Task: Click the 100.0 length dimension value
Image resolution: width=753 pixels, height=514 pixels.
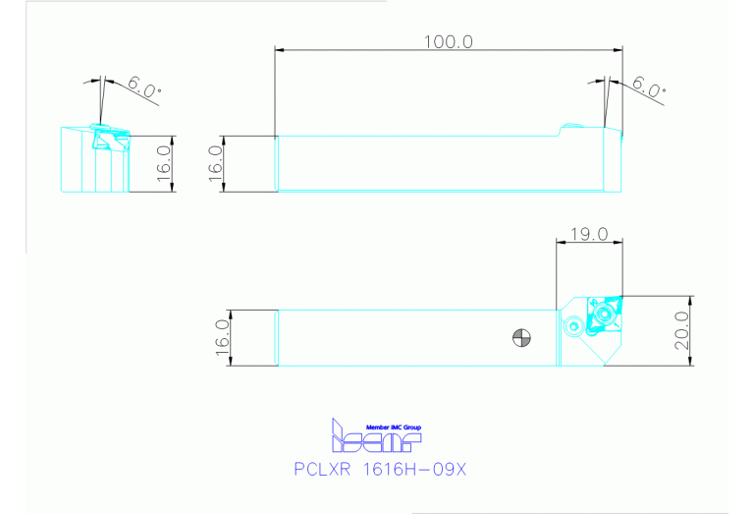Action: [x=449, y=41]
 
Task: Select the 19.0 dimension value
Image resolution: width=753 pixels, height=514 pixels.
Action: [x=589, y=235]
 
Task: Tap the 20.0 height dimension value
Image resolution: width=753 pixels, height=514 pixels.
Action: [x=680, y=329]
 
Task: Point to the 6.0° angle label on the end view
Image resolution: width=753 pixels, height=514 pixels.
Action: [x=144, y=90]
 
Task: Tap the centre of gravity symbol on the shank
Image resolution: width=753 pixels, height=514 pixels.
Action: [x=521, y=338]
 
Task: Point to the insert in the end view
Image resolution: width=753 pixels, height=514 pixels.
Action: [x=101, y=139]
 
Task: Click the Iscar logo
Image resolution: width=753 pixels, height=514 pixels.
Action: [x=378, y=438]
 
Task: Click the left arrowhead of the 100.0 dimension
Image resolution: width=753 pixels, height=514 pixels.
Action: [x=280, y=49]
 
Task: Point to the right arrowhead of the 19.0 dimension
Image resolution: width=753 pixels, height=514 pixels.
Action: [x=619, y=243]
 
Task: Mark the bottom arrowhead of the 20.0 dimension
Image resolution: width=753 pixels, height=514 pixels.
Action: [x=692, y=361]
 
